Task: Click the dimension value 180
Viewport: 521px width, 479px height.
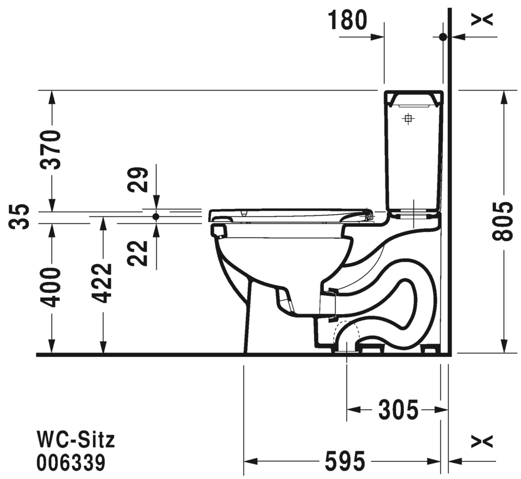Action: pos(348,20)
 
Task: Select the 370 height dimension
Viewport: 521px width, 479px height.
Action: pos(51,150)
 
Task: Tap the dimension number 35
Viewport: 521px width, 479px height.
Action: pos(19,216)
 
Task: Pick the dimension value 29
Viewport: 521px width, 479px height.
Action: pos(138,180)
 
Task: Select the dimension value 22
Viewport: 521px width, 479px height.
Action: pos(138,253)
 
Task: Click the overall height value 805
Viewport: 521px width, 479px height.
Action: pos(502,221)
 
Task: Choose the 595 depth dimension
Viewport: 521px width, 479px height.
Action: pos(345,461)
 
